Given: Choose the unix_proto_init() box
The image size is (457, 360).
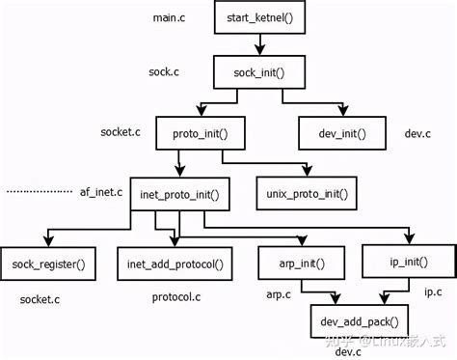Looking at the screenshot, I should [x=307, y=195].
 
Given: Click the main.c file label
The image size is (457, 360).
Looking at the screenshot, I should [x=169, y=18].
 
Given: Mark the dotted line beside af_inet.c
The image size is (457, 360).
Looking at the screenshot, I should [x=38, y=193].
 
